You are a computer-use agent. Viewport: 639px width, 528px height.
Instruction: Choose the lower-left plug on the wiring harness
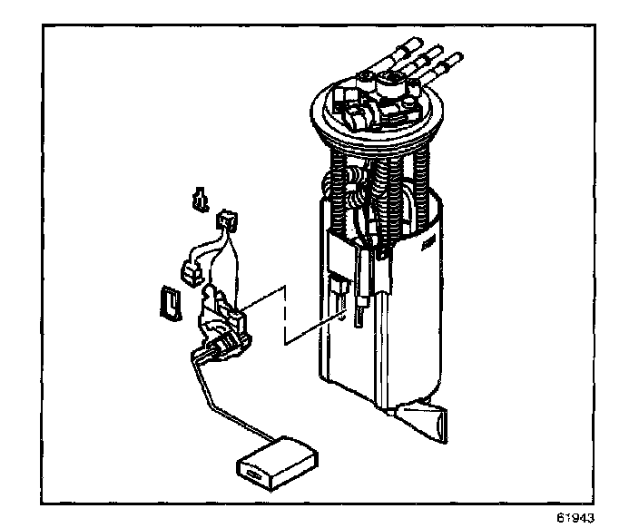(191, 271)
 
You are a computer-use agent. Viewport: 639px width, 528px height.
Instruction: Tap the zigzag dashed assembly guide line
(286, 318)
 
